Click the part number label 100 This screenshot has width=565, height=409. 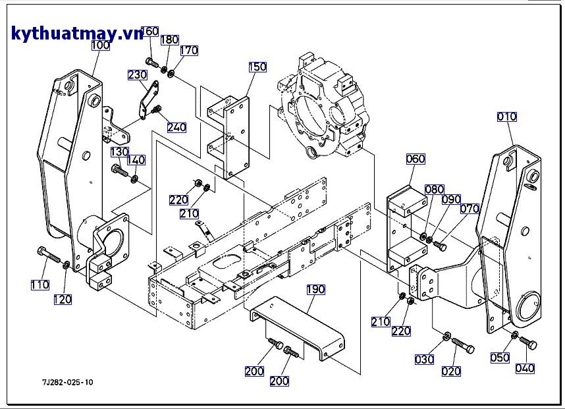(100, 45)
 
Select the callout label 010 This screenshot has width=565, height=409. (507, 117)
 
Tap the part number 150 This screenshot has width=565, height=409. (257, 67)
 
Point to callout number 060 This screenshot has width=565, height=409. (416, 159)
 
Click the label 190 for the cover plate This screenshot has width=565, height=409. (316, 289)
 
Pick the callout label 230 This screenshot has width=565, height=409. (137, 75)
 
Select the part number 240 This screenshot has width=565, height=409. (176, 127)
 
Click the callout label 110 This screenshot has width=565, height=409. (40, 285)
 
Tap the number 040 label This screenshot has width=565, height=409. (525, 369)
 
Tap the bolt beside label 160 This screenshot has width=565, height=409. (152, 64)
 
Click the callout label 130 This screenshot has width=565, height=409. (119, 152)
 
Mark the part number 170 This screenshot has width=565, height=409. (189, 50)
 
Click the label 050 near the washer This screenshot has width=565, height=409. (500, 358)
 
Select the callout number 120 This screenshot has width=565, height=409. (63, 300)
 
